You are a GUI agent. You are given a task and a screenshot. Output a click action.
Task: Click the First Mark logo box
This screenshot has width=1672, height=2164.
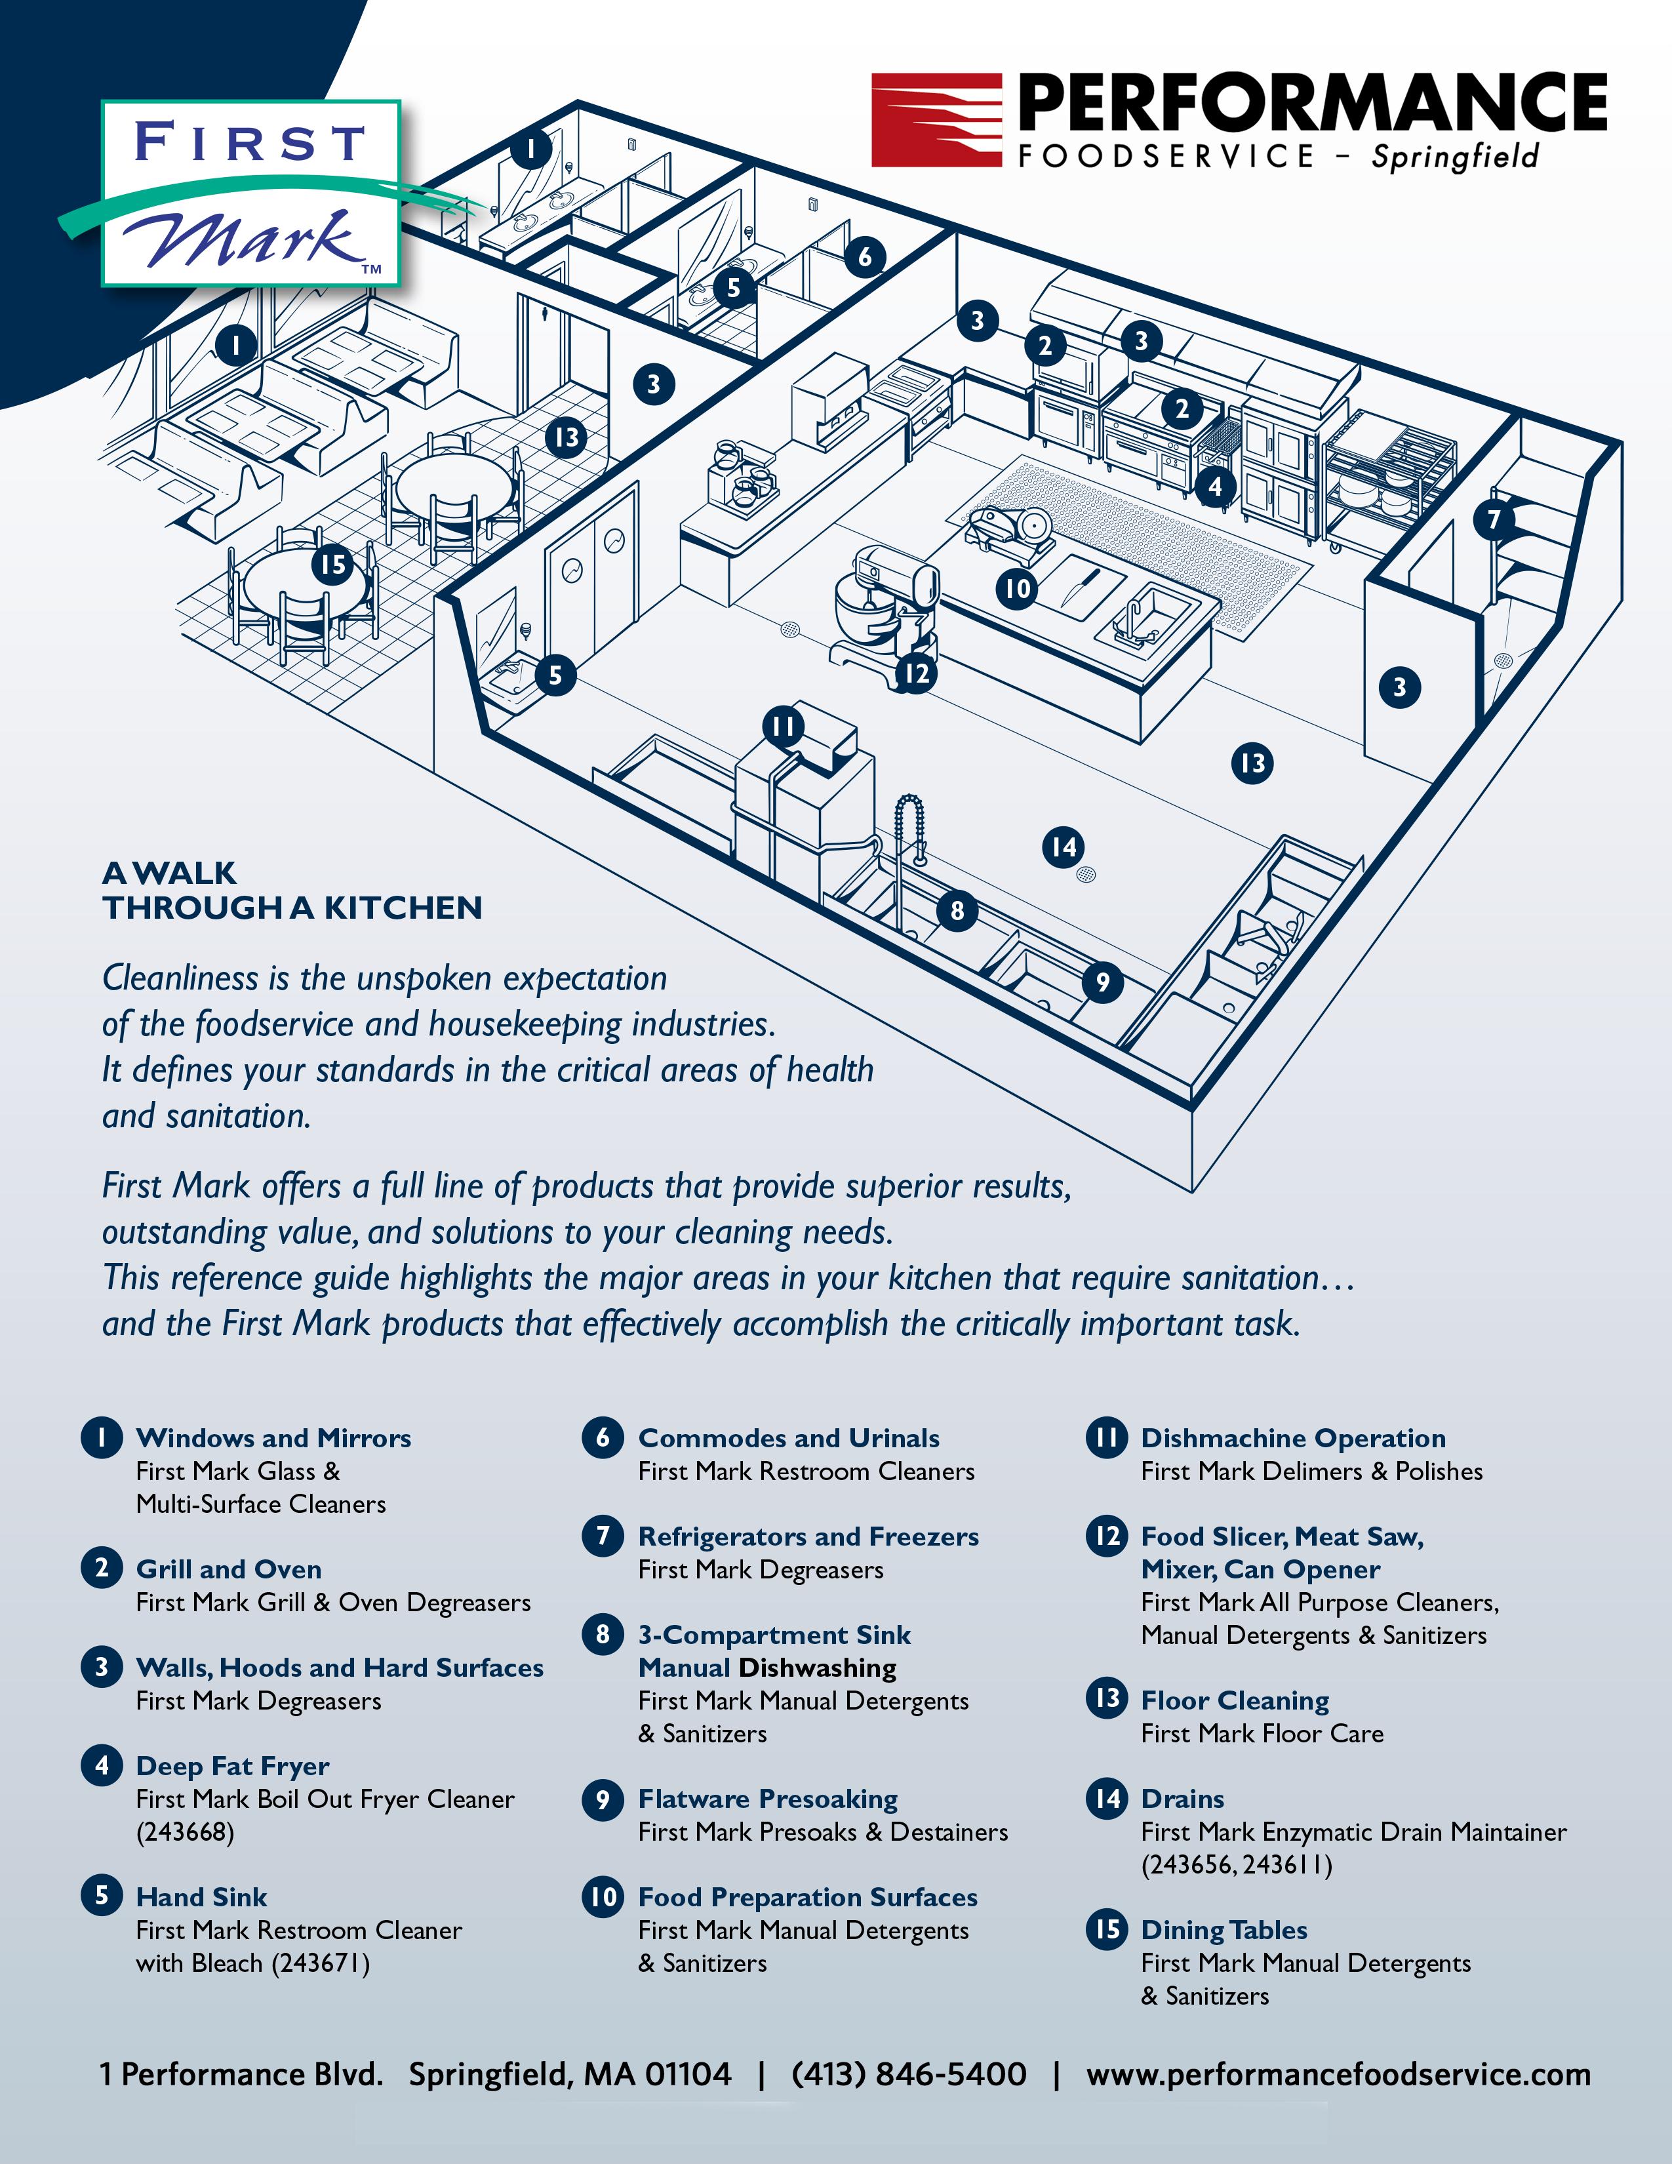coord(250,193)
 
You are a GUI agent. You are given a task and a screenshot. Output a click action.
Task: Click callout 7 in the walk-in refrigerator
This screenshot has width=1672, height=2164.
coord(1494,518)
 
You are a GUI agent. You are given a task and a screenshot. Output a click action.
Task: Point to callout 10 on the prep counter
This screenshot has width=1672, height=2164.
coord(1017,589)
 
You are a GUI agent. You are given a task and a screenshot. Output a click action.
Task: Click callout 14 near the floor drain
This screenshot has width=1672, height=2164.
coord(1063,847)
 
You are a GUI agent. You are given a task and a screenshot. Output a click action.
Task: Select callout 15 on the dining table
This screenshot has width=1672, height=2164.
coord(332,565)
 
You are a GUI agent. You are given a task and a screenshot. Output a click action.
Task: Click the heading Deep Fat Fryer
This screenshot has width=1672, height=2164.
coord(233,1766)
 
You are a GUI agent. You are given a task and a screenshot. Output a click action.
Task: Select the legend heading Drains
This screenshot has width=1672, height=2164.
coord(1183,1798)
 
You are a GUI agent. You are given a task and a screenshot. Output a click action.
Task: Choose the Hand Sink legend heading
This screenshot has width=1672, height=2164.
coord(202,1896)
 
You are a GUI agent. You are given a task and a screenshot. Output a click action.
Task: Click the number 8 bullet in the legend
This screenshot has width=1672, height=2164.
coord(602,1634)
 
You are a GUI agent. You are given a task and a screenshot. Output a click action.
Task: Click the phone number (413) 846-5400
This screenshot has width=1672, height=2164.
coord(908,2074)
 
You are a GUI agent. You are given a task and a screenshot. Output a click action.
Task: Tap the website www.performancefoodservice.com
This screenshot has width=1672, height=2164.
coord(1338,2074)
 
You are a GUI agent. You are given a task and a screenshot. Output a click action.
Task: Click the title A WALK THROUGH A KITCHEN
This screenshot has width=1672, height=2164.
coord(292,890)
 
